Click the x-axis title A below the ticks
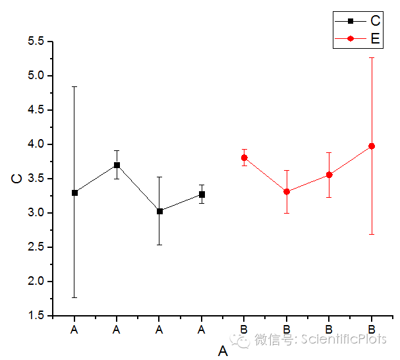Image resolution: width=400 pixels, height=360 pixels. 223,351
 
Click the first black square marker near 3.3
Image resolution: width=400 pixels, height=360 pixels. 74,193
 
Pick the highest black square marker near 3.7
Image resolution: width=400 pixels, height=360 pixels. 117,165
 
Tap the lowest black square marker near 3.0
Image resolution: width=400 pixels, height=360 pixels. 159,211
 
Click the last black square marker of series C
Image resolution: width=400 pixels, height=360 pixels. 202,195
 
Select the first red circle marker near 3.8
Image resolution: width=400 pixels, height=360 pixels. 244,158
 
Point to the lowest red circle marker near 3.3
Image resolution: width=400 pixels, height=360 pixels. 287,191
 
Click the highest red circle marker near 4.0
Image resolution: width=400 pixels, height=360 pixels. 372,146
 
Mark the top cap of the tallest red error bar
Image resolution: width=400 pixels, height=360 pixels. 372,57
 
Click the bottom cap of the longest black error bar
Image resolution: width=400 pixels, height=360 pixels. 74,297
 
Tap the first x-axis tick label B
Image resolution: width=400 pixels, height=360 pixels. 244,328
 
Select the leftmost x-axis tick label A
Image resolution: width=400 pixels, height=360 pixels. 74,328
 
